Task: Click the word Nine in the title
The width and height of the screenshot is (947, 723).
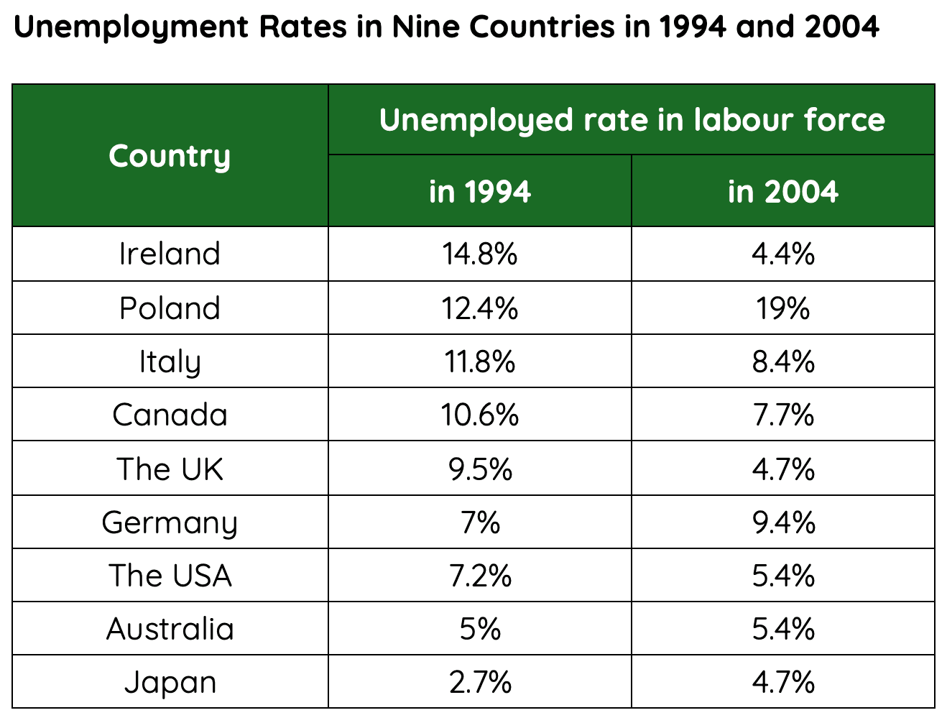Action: point(424,27)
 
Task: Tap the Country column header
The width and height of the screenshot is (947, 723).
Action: point(170,156)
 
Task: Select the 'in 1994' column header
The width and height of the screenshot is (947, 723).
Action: point(479,192)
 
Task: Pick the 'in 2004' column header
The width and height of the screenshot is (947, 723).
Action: point(782,192)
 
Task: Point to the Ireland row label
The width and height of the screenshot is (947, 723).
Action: point(170,254)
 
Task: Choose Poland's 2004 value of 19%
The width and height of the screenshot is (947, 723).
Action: point(782,308)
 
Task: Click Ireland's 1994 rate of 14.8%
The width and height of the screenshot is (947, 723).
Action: point(479,254)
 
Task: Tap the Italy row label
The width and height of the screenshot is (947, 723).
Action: point(170,361)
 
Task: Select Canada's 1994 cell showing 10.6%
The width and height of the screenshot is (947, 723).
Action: point(479,415)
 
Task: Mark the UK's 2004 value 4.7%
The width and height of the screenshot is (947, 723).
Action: point(782,469)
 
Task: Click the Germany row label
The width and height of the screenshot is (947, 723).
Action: point(170,522)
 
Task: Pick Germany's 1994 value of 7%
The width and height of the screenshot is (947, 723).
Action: point(479,522)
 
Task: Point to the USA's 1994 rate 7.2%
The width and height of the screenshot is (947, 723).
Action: point(479,576)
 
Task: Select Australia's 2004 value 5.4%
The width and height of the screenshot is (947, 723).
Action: point(782,630)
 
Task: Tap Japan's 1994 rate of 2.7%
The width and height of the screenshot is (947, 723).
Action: point(479,683)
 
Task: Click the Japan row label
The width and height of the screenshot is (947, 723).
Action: point(170,683)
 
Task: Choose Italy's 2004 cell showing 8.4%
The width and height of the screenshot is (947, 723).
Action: point(782,361)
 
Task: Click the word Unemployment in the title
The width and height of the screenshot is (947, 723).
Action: point(130,27)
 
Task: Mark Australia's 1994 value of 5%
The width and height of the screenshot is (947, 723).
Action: point(479,630)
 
